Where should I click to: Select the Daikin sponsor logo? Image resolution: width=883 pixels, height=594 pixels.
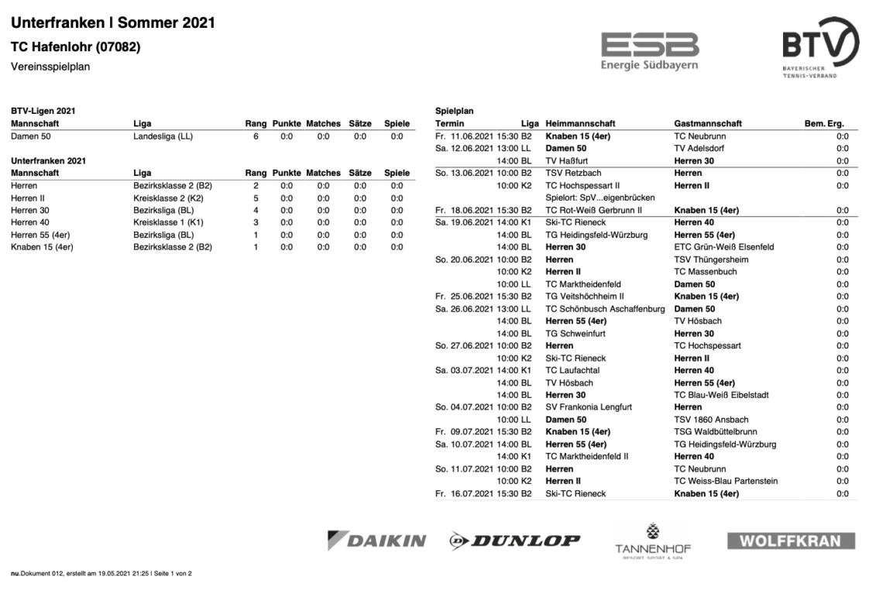[x=376, y=540]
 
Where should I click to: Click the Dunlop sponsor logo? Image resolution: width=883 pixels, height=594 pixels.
[x=514, y=540]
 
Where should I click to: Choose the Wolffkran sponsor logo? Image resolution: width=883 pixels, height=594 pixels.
[x=791, y=540]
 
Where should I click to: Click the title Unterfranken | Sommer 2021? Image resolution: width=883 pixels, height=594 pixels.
[x=113, y=24]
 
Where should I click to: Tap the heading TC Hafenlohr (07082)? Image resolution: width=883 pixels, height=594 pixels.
[x=75, y=47]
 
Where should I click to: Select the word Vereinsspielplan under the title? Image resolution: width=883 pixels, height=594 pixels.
[x=50, y=67]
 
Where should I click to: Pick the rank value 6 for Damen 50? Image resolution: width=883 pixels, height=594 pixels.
[x=256, y=136]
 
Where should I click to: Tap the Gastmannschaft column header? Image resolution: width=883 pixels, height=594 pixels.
[x=708, y=123]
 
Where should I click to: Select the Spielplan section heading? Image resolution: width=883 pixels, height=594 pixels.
[x=454, y=111]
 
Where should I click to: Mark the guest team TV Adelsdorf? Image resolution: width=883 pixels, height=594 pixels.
[x=703, y=148]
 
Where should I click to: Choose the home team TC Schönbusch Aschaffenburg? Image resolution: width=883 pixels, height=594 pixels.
[x=606, y=309]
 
